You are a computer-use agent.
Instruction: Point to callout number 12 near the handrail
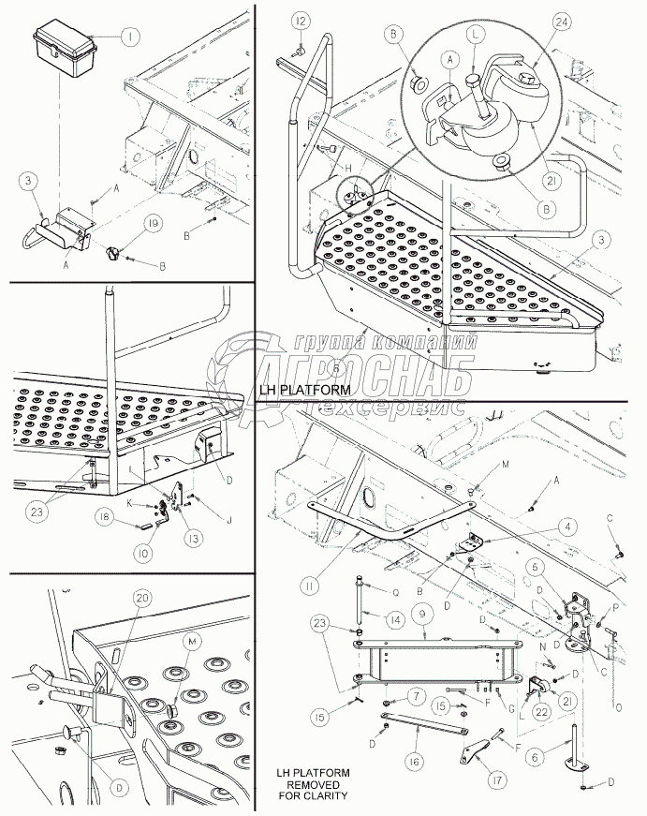(298, 21)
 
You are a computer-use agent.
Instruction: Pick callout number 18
(108, 515)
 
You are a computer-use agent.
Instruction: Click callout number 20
(142, 598)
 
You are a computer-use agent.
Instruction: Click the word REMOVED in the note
(313, 784)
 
